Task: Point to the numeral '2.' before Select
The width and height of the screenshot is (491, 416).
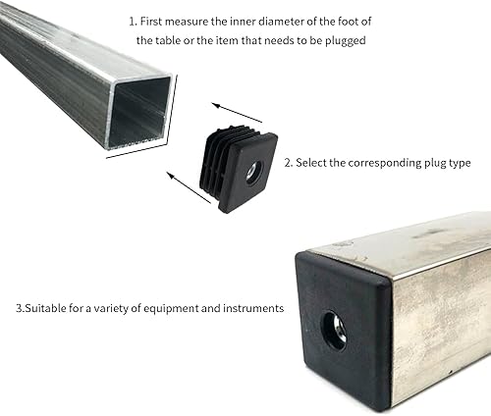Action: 289,163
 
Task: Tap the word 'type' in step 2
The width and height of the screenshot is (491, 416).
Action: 460,164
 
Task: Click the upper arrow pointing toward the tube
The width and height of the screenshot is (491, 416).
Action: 237,113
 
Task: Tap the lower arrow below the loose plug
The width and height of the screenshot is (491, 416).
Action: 189,187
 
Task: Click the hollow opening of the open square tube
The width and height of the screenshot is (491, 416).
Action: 138,110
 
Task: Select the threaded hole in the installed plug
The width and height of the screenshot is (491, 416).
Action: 335,331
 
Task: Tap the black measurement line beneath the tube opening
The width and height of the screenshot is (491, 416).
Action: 136,150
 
